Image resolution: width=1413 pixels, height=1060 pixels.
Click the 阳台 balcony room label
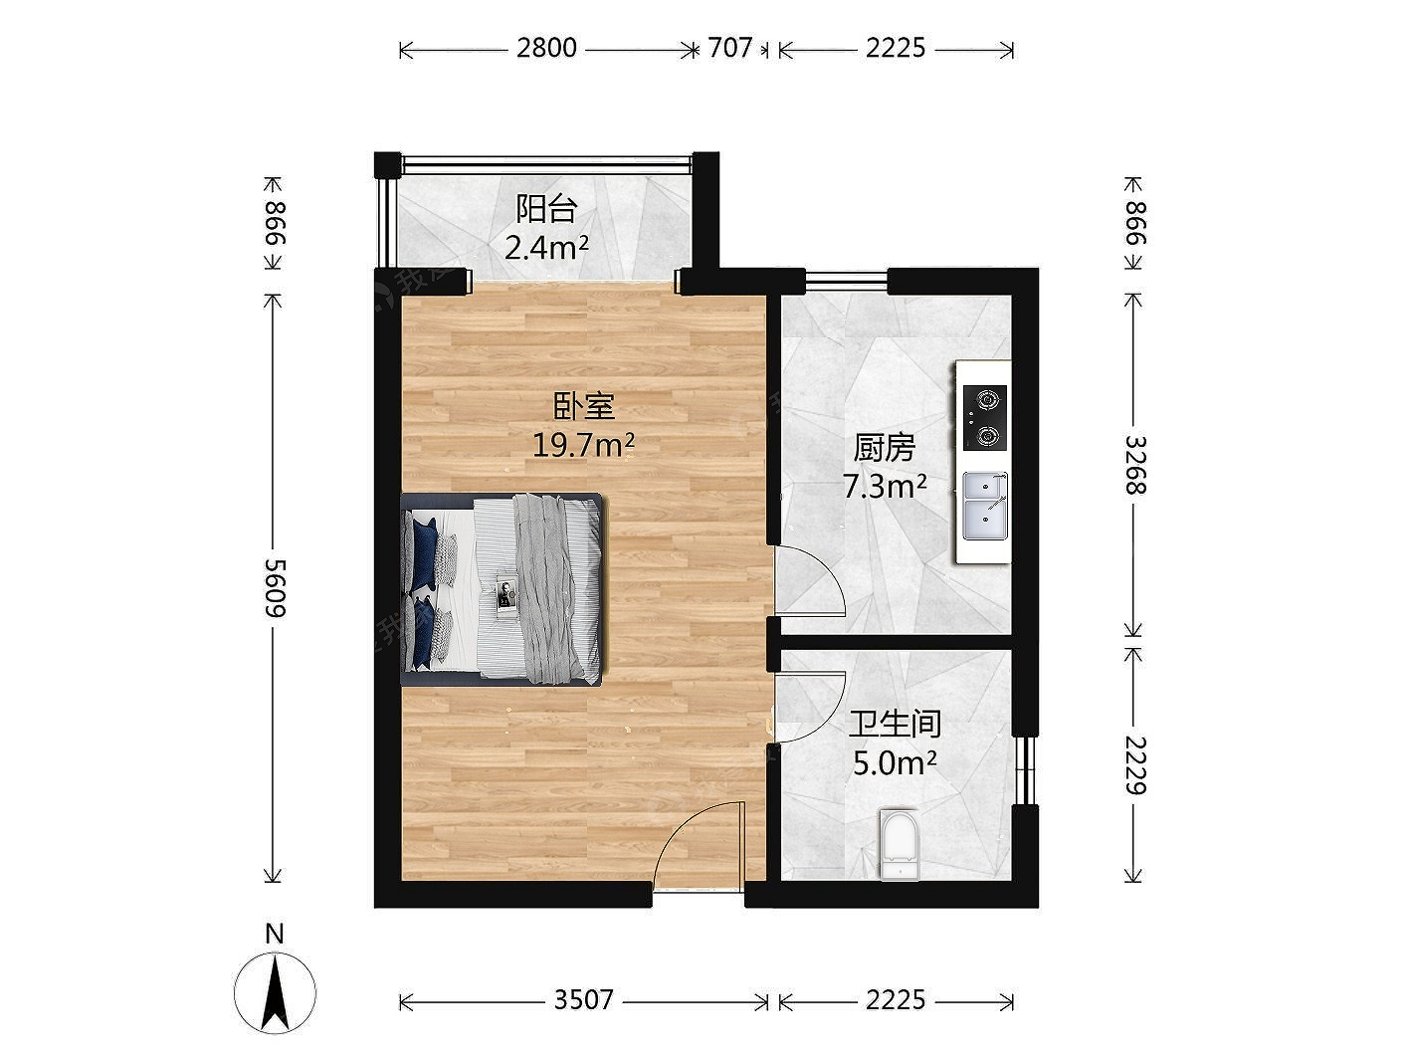pyautogui.click(x=546, y=209)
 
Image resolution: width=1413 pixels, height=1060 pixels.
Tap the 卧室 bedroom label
pyautogui.click(x=584, y=407)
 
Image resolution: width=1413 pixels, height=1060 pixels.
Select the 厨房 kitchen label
pyautogui.click(x=884, y=449)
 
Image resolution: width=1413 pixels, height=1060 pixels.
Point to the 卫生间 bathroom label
pyautogui.click(x=895, y=724)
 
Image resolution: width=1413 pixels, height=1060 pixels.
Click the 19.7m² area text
pyautogui.click(x=584, y=445)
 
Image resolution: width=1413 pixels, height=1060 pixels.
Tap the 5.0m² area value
pyautogui.click(x=895, y=763)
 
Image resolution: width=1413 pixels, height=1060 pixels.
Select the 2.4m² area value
pyautogui.click(x=546, y=247)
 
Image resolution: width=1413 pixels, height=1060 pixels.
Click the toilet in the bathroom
pyautogui.click(x=901, y=844)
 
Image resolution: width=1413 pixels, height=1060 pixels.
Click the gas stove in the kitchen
pyautogui.click(x=985, y=418)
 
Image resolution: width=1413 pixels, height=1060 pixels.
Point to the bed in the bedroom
pyautogui.click(x=504, y=589)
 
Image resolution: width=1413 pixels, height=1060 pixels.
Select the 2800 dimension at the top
pyautogui.click(x=546, y=48)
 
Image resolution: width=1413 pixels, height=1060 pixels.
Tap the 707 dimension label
pyautogui.click(x=730, y=48)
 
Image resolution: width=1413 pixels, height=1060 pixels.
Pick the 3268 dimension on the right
pyautogui.click(x=1135, y=465)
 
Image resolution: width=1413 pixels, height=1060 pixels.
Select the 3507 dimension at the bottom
pyautogui.click(x=584, y=999)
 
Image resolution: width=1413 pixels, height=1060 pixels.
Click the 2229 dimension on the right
pyautogui.click(x=1136, y=765)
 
